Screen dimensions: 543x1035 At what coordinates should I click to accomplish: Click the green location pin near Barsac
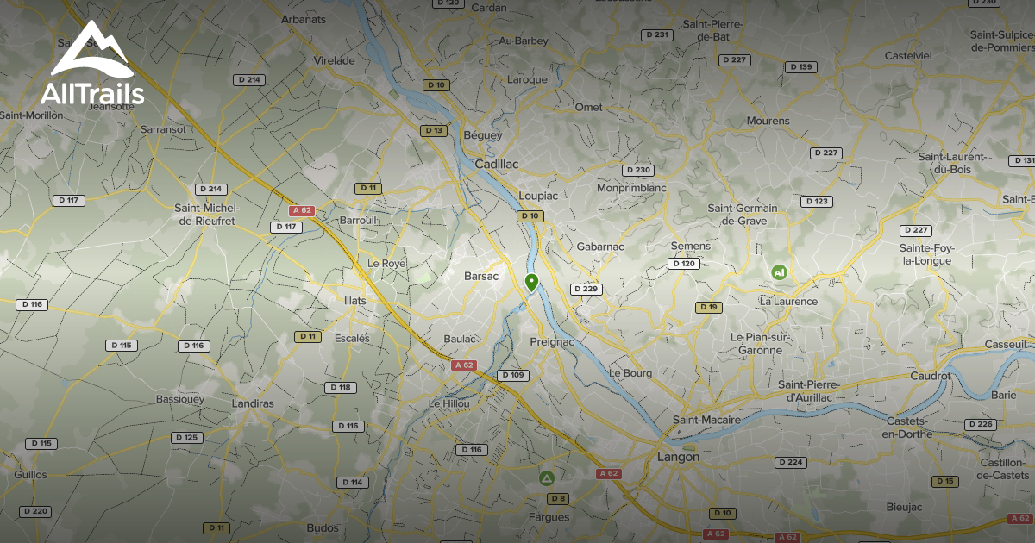(531, 282)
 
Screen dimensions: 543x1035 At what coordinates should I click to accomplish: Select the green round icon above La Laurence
(779, 272)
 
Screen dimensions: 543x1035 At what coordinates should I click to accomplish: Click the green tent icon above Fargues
(546, 477)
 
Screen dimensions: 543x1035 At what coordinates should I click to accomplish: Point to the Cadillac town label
(497, 164)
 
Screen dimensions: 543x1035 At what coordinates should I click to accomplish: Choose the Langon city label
(678, 457)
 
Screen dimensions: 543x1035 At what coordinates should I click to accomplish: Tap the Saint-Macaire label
(706, 420)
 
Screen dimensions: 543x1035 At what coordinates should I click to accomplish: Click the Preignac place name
(551, 342)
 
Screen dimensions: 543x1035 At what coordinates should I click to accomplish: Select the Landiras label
(253, 403)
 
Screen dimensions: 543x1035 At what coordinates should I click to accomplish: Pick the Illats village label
(354, 301)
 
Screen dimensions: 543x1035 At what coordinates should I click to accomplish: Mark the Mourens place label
(768, 121)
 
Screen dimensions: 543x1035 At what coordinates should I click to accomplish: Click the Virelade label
(335, 60)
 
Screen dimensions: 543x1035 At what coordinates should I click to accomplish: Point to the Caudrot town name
(930, 376)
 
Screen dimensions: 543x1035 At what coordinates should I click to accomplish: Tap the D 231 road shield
(656, 34)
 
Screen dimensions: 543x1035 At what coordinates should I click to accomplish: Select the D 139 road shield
(800, 67)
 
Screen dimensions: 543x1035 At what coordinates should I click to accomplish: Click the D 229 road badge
(586, 289)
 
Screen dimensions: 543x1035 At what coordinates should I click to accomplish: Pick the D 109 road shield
(512, 375)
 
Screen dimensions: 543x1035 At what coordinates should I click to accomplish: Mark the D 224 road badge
(790, 463)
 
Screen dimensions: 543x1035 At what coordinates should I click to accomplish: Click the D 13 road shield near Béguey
(434, 131)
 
